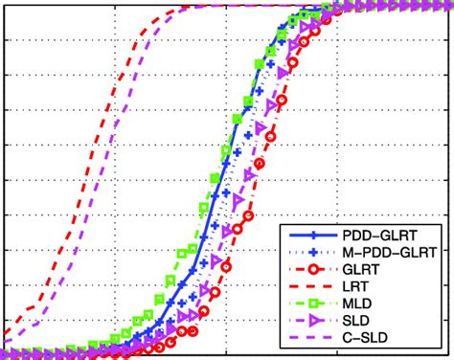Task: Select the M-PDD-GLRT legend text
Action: (383, 252)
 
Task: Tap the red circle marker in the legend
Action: (314, 269)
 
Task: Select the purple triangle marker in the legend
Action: (314, 321)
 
